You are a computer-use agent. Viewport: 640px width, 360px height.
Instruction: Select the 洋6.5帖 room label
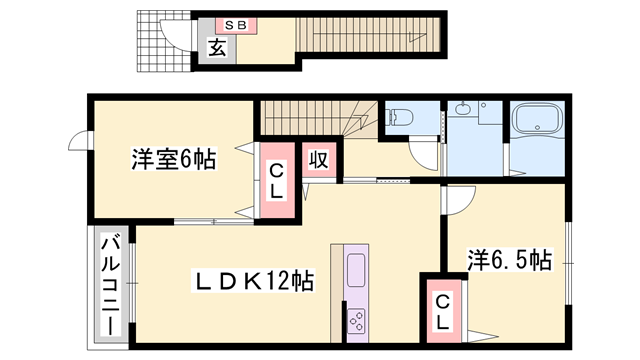click(x=510, y=262)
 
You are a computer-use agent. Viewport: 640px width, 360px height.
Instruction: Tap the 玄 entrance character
click(x=215, y=47)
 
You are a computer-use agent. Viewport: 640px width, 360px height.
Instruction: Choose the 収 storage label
click(x=318, y=160)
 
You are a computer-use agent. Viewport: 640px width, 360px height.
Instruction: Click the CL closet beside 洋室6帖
click(x=278, y=181)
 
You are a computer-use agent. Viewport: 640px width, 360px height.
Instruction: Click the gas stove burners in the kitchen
click(x=357, y=320)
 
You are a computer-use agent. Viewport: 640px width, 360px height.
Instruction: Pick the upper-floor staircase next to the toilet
click(x=320, y=120)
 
